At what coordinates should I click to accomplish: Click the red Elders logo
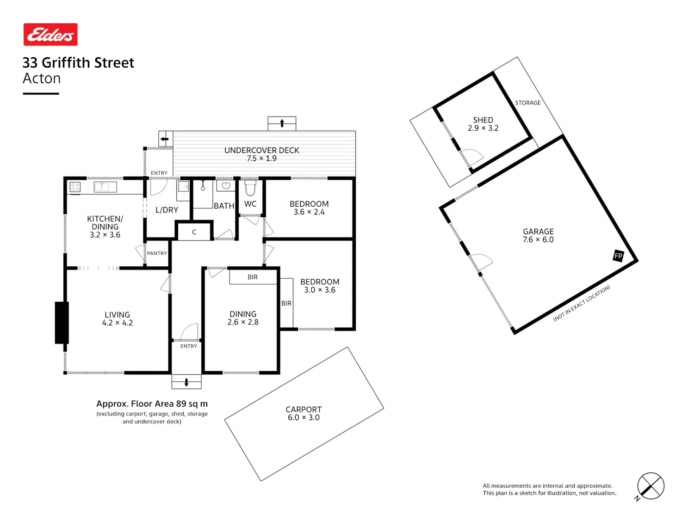50,34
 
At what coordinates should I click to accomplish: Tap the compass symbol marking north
650,486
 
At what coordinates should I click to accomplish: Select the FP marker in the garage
618,256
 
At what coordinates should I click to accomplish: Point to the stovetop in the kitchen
75,187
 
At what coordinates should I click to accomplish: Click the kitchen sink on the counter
105,187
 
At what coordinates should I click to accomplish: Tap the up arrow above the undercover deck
282,123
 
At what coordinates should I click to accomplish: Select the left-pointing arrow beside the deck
164,139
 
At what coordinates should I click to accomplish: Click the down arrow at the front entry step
186,382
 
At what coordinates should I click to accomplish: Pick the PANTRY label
157,253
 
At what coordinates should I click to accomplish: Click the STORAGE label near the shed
528,103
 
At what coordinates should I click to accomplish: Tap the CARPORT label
304,409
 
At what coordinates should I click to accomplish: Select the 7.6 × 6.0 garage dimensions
538,239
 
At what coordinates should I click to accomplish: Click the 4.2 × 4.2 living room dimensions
118,323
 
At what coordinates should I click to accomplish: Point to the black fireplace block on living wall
62,323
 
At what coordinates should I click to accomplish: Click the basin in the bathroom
226,186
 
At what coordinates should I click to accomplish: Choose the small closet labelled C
194,232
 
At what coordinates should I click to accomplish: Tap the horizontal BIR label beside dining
253,277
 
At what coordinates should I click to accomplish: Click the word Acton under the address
42,78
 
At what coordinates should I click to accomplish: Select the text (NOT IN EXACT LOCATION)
582,303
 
